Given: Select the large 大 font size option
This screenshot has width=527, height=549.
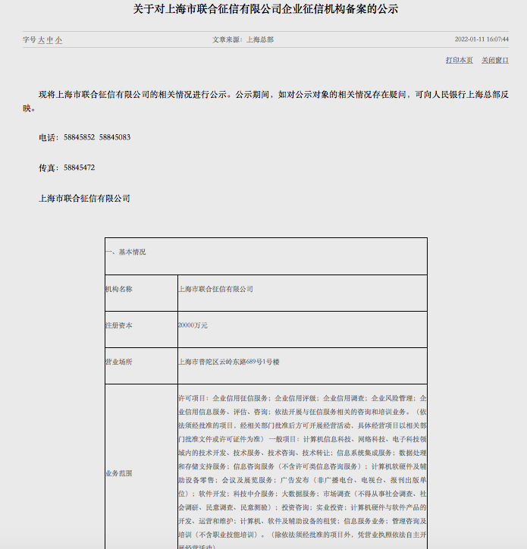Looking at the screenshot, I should pyautogui.click(x=42, y=39).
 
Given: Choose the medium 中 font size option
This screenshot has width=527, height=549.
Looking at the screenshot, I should pyautogui.click(x=50, y=39).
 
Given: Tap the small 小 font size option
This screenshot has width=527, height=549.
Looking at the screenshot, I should pyautogui.click(x=58, y=39).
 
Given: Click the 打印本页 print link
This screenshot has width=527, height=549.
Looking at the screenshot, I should pyautogui.click(x=459, y=60).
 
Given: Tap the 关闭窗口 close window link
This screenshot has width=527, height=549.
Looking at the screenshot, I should pyautogui.click(x=494, y=60).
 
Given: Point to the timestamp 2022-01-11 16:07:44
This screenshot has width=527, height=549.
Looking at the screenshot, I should pyautogui.click(x=482, y=39).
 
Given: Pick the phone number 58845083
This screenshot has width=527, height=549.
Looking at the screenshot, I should pyautogui.click(x=114, y=137).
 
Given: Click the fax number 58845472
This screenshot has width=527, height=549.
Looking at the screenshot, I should pyautogui.click(x=79, y=168).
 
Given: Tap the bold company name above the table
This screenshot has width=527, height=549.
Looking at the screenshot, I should pyautogui.click(x=84, y=198).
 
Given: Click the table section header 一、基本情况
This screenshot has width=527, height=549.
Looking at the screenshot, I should pyautogui.click(x=126, y=252).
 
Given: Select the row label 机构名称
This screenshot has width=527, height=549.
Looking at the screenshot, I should pyautogui.click(x=118, y=289).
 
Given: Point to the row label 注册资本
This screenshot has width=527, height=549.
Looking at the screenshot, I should pyautogui.click(x=118, y=325).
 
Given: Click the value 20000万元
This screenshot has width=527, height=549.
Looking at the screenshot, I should pyautogui.click(x=193, y=325).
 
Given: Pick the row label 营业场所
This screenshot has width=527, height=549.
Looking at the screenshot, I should pyautogui.click(x=118, y=362).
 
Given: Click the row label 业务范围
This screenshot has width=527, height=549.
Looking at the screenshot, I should pyautogui.click(x=118, y=472).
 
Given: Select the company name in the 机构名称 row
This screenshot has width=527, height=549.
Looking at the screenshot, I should pyautogui.click(x=215, y=289).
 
